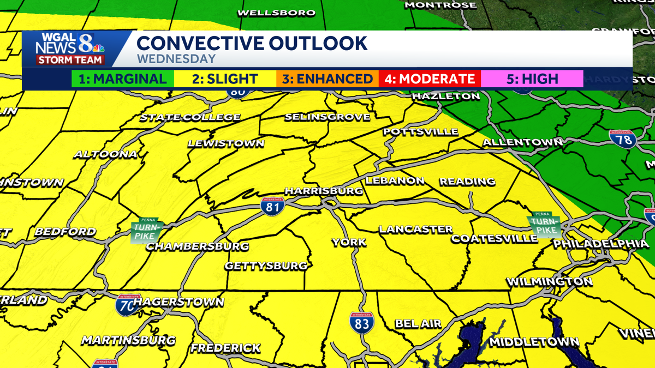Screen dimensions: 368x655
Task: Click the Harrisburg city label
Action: click(324, 191)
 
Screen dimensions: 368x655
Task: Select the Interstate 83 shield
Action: click(362, 322)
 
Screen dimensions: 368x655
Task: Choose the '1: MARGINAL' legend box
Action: click(122, 79)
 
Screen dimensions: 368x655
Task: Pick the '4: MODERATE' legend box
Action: click(430, 79)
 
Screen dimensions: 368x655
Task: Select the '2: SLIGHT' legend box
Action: click(224, 79)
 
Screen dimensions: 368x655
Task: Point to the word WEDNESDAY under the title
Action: click(176, 59)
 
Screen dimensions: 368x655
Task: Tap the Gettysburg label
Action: click(266, 266)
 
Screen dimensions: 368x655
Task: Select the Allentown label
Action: click(522, 142)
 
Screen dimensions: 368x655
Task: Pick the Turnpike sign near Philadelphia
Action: click(544, 226)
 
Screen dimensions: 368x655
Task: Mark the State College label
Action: click(190, 117)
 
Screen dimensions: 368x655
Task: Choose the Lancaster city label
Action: click(416, 230)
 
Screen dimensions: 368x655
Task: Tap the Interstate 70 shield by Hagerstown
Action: click(127, 305)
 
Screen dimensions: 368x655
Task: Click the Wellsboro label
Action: click(277, 13)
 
